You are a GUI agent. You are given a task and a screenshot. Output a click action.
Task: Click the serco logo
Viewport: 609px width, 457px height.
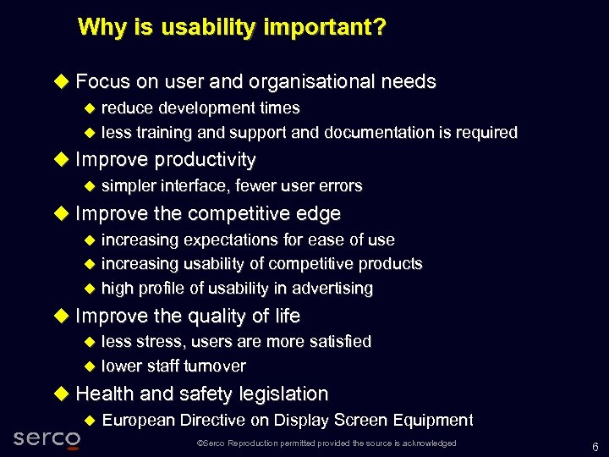tap(47, 438)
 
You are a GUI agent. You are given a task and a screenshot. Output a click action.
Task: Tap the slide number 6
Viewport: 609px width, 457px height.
tap(595, 447)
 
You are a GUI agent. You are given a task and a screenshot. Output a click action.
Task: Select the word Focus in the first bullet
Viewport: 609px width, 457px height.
tap(102, 82)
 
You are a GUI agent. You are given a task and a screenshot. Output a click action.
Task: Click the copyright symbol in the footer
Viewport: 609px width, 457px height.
tap(199, 443)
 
